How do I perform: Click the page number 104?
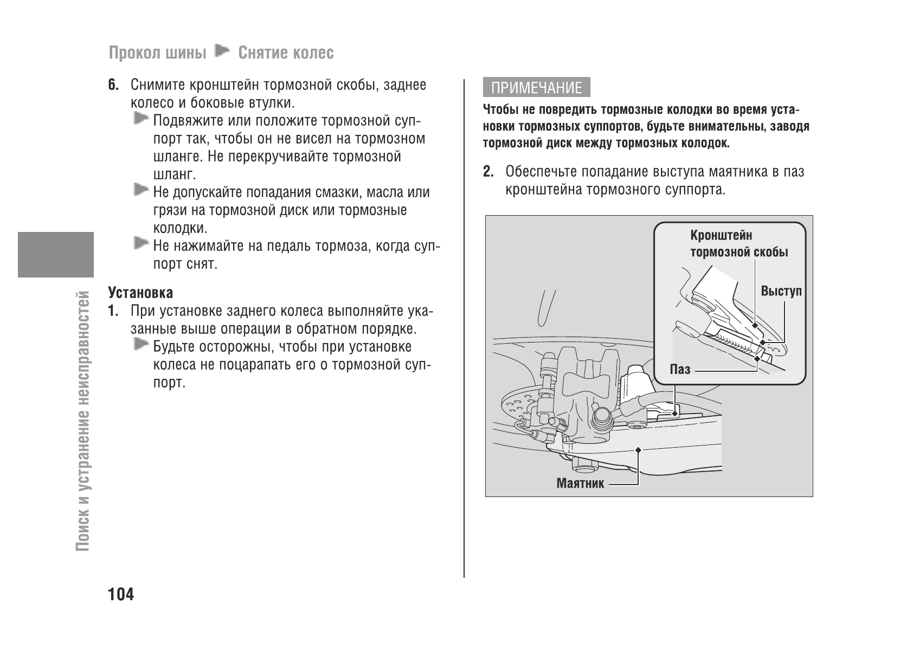[121, 595]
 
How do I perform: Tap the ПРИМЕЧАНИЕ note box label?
[536, 88]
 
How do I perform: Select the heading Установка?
[140, 293]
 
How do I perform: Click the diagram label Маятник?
[580, 483]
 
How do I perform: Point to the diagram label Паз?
[680, 370]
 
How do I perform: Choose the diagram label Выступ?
[781, 291]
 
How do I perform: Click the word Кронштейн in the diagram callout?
[721, 235]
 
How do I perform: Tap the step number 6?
[113, 85]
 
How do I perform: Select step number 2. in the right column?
[488, 172]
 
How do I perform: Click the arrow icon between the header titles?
[222, 52]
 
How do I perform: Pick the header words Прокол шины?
[157, 53]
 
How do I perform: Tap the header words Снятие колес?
[286, 53]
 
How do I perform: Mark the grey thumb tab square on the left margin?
[56, 254]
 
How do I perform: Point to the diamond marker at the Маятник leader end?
[639, 450]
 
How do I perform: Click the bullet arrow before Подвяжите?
[141, 118]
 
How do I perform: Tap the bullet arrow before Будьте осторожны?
[141, 344]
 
